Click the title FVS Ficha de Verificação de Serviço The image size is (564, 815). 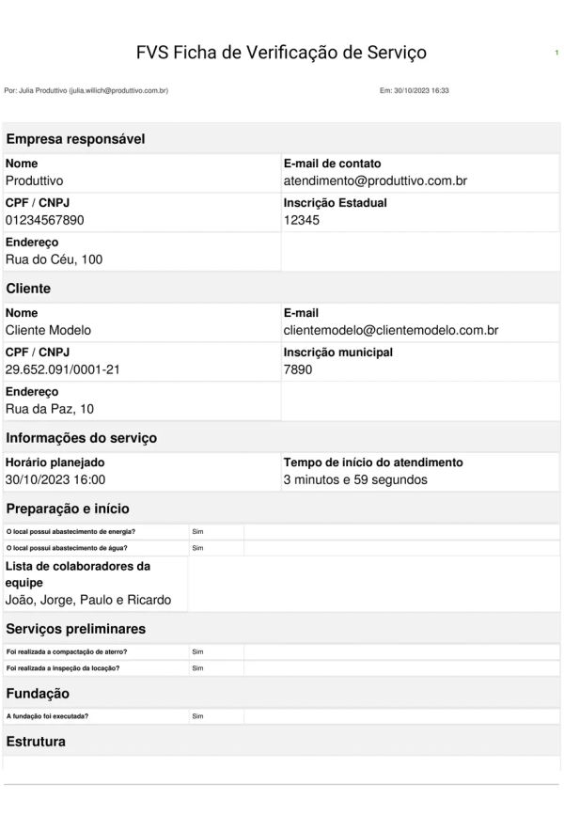(x=281, y=53)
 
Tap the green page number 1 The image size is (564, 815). (x=556, y=53)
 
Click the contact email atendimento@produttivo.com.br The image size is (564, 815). (x=375, y=180)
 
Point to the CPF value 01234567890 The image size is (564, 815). (x=45, y=219)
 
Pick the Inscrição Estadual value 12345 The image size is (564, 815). (x=302, y=219)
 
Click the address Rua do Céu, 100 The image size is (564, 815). (x=54, y=259)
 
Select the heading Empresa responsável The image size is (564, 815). (x=75, y=139)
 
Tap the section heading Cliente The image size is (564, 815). (x=28, y=289)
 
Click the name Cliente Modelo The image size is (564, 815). (x=48, y=330)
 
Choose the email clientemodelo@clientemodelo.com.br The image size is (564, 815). (x=390, y=330)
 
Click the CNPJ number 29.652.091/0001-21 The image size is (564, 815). (x=63, y=369)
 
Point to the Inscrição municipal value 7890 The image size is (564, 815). (x=298, y=369)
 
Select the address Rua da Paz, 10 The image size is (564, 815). (x=50, y=409)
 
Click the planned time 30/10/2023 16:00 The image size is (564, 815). (x=55, y=479)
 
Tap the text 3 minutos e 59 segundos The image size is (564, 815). (x=355, y=479)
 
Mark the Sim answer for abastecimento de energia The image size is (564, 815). (x=197, y=531)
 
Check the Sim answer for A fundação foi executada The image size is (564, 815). (x=197, y=716)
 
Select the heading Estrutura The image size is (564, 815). (x=36, y=742)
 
